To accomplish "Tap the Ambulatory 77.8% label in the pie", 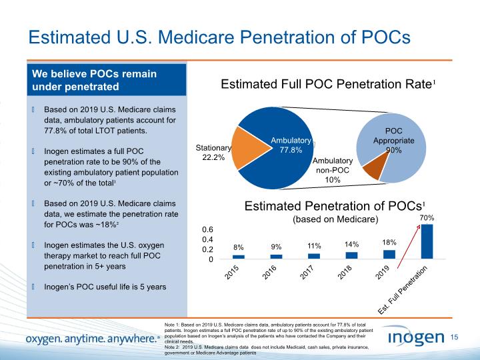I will pos(291,145).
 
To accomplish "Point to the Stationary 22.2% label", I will pos(213,153).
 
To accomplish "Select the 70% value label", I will pos(427,218).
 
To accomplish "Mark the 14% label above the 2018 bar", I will pos(352,245).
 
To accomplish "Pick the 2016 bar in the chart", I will pos(276,256).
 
